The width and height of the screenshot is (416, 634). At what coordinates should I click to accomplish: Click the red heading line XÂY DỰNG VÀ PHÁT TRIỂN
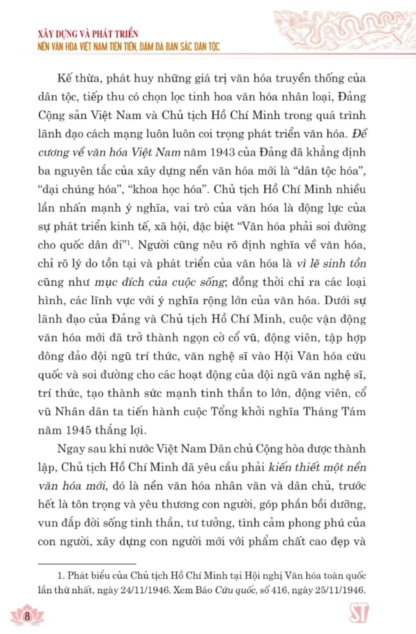click(x=88, y=34)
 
